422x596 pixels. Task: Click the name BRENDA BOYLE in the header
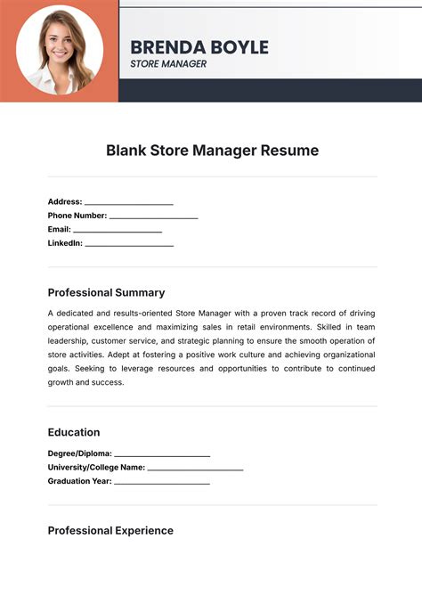coord(199,47)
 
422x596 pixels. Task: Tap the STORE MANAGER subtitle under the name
coord(168,64)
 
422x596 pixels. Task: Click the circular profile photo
coord(60,50)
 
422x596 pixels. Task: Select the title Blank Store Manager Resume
coord(212,151)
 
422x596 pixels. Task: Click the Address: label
coord(65,201)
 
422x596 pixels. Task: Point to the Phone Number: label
coord(77,215)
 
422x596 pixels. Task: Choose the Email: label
coord(60,229)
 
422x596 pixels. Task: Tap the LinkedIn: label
coord(65,242)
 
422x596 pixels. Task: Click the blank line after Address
coord(129,204)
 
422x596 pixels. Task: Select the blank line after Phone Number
coord(153,217)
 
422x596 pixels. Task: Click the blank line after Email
coord(118,232)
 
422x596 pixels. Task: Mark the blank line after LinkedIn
coord(129,245)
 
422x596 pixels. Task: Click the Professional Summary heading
coord(106,292)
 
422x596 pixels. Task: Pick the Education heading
coord(74,432)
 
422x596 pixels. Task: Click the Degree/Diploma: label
coord(80,453)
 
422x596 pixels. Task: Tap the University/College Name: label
coord(96,467)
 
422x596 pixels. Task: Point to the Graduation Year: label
coord(80,481)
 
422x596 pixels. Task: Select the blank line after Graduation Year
coord(162,484)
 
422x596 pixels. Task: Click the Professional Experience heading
coord(110,531)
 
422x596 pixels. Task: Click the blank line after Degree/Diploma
coord(162,455)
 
